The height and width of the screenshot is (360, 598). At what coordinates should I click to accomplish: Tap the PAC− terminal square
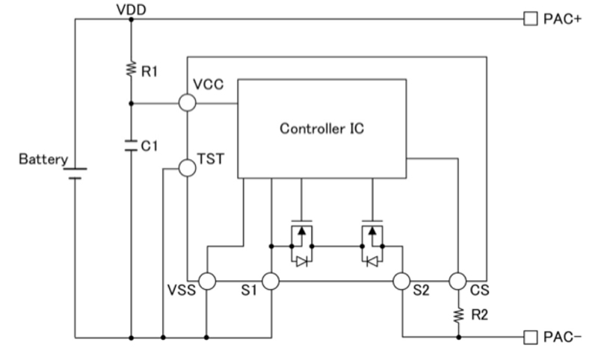530,338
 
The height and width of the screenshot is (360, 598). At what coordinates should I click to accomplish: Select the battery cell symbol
75,173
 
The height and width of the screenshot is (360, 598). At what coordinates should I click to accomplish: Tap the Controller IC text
323,128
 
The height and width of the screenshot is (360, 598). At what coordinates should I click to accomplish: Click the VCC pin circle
188,103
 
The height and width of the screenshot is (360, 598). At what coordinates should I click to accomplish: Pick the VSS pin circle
206,282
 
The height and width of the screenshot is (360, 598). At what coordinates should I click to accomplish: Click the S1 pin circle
271,282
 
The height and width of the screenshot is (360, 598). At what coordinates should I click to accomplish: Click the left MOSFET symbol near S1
300,237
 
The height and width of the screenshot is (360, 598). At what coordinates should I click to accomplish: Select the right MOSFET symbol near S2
371,237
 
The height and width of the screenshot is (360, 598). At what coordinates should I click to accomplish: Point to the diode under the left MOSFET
300,261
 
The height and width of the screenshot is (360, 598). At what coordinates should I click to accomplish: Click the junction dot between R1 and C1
131,103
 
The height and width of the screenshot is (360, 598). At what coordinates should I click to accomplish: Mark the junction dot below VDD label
131,19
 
